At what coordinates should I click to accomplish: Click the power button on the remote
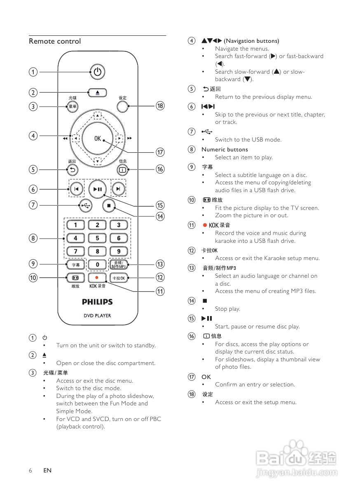point(97,72)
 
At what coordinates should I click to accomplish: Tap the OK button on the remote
point(97,139)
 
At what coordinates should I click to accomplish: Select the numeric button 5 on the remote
point(98,238)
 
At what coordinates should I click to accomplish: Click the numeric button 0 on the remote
point(98,265)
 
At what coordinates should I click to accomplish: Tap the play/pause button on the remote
point(98,189)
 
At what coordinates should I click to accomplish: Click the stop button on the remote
point(109,205)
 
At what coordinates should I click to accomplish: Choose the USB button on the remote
point(85,205)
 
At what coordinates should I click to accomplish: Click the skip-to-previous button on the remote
point(76,189)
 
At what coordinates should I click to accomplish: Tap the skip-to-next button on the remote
point(119,189)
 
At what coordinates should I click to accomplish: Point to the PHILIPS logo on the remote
point(97,302)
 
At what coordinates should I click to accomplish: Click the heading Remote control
point(55,41)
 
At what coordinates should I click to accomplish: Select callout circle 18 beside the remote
point(160,106)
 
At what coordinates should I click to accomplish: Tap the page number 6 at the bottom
point(30,470)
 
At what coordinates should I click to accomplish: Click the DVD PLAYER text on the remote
point(97,316)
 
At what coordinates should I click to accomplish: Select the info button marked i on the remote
point(122,169)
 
